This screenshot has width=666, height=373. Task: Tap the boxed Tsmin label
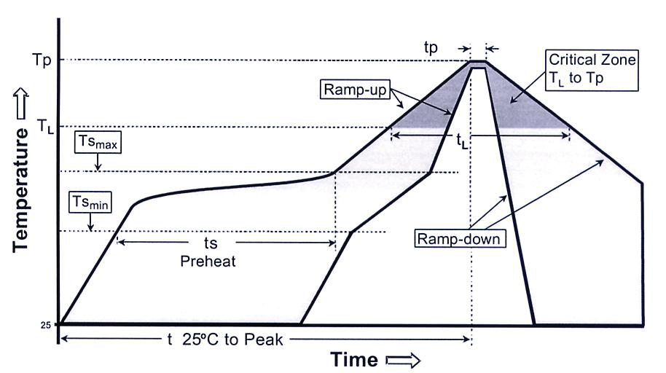pyautogui.click(x=90, y=202)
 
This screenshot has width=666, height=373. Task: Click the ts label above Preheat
pyautogui.click(x=210, y=243)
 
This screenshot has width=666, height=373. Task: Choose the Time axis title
pyautogui.click(x=355, y=359)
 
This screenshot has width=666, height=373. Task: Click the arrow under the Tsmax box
pyautogui.click(x=98, y=165)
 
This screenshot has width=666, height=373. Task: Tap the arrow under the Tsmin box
pyautogui.click(x=90, y=224)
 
